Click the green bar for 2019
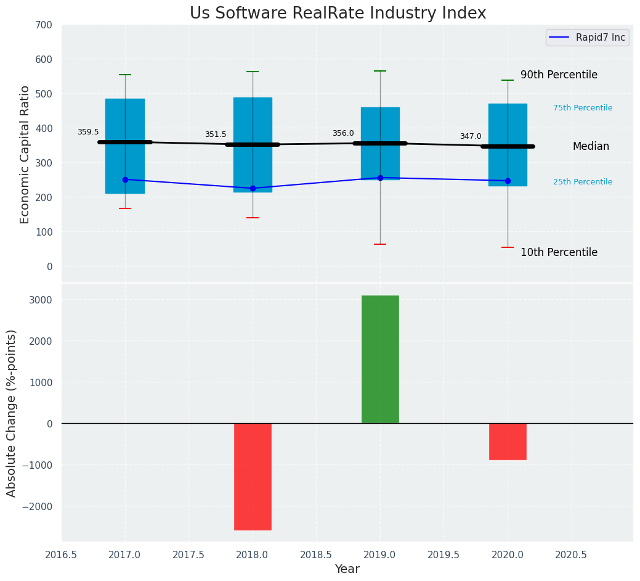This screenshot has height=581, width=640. coord(380,359)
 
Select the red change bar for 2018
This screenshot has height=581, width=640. coord(253,476)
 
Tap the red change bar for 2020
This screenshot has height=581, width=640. coord(508,441)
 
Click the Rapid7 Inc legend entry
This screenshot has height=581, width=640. coord(586,38)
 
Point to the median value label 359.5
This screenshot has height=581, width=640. coord(88,132)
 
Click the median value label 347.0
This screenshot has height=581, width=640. coord(471,136)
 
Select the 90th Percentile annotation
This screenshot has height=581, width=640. coord(559,75)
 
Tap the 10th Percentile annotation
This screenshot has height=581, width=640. coord(559,252)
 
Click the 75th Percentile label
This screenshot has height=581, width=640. coord(583,108)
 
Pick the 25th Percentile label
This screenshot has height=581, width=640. coord(583,182)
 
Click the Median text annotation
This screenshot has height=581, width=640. coord(591,146)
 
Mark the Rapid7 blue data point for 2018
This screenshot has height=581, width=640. coord(253,188)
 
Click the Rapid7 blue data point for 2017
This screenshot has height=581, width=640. coord(125,179)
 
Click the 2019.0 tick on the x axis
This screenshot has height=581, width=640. coord(380,554)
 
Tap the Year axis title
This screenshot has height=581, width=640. coord(347,569)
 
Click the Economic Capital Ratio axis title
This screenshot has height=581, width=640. coord(25,154)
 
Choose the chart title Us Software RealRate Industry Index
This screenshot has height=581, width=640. coord(338,14)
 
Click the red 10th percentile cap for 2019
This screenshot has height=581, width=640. coord(380,244)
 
